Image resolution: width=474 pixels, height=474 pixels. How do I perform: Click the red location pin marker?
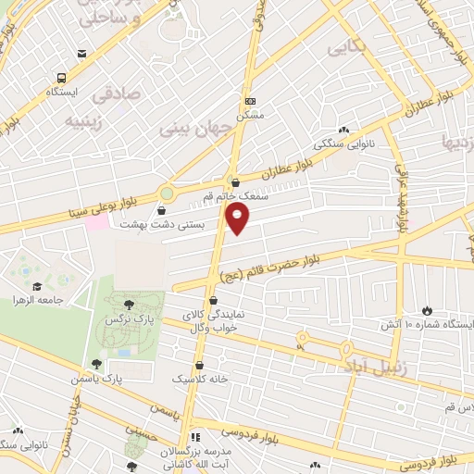tap(237, 218)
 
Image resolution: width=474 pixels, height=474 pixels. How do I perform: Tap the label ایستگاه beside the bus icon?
tap(64, 94)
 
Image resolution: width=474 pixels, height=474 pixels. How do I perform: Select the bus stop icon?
tap(62, 78)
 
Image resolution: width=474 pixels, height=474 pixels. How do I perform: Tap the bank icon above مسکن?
tap(249, 100)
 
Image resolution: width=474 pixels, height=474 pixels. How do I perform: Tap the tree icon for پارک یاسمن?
tap(96, 364)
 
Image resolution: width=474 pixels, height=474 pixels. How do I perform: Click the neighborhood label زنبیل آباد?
tap(392, 368)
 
